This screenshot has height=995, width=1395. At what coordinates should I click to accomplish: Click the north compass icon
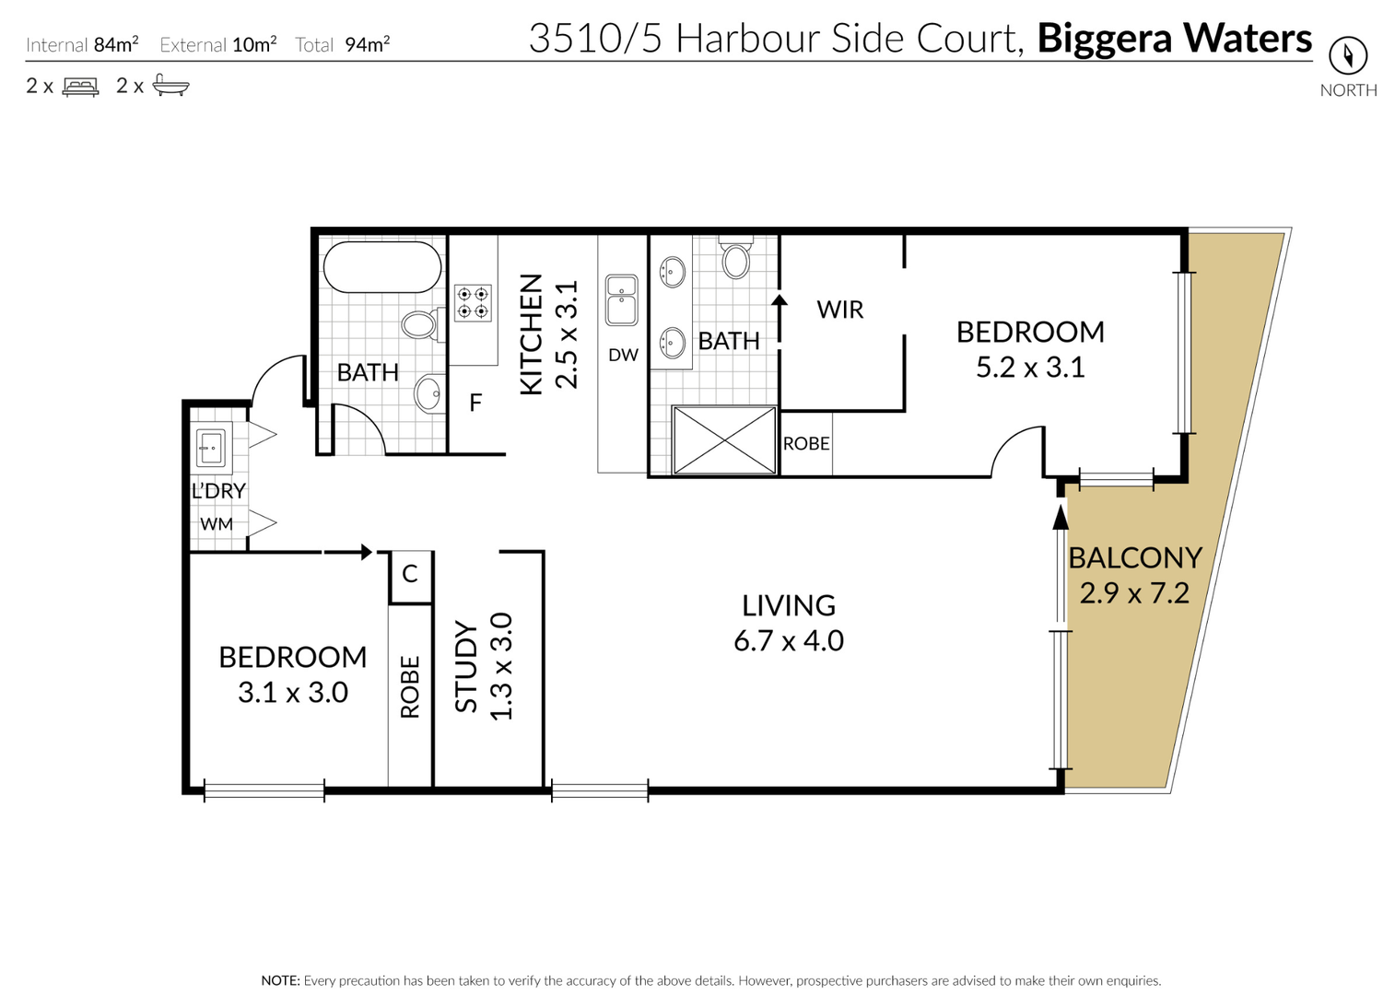(x=1348, y=56)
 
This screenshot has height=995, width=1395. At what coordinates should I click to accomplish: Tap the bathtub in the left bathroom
(x=382, y=267)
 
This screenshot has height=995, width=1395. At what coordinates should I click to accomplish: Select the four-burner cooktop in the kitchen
(x=473, y=302)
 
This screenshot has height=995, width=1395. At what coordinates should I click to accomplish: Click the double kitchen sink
(x=622, y=300)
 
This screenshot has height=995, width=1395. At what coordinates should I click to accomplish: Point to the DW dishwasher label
(x=624, y=355)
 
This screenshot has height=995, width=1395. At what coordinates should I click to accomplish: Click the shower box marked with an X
(x=725, y=440)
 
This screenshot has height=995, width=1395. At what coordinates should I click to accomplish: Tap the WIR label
(x=840, y=310)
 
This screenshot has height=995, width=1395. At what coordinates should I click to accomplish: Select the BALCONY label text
(x=1134, y=557)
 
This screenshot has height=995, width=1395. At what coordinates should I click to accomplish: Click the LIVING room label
(x=789, y=605)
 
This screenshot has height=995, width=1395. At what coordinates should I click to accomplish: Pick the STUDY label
(x=466, y=666)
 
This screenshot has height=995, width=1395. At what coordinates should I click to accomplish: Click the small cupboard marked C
(x=410, y=578)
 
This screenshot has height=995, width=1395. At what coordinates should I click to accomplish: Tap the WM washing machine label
(x=217, y=523)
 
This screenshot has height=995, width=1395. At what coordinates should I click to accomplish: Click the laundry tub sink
(x=210, y=445)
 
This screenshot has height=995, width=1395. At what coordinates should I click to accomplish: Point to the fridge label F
(x=475, y=403)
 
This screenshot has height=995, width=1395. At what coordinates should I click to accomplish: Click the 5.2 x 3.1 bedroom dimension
(x=1030, y=367)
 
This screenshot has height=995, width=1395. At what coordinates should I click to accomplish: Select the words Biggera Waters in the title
(x=1174, y=39)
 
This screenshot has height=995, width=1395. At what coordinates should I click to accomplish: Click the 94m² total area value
(x=368, y=44)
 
